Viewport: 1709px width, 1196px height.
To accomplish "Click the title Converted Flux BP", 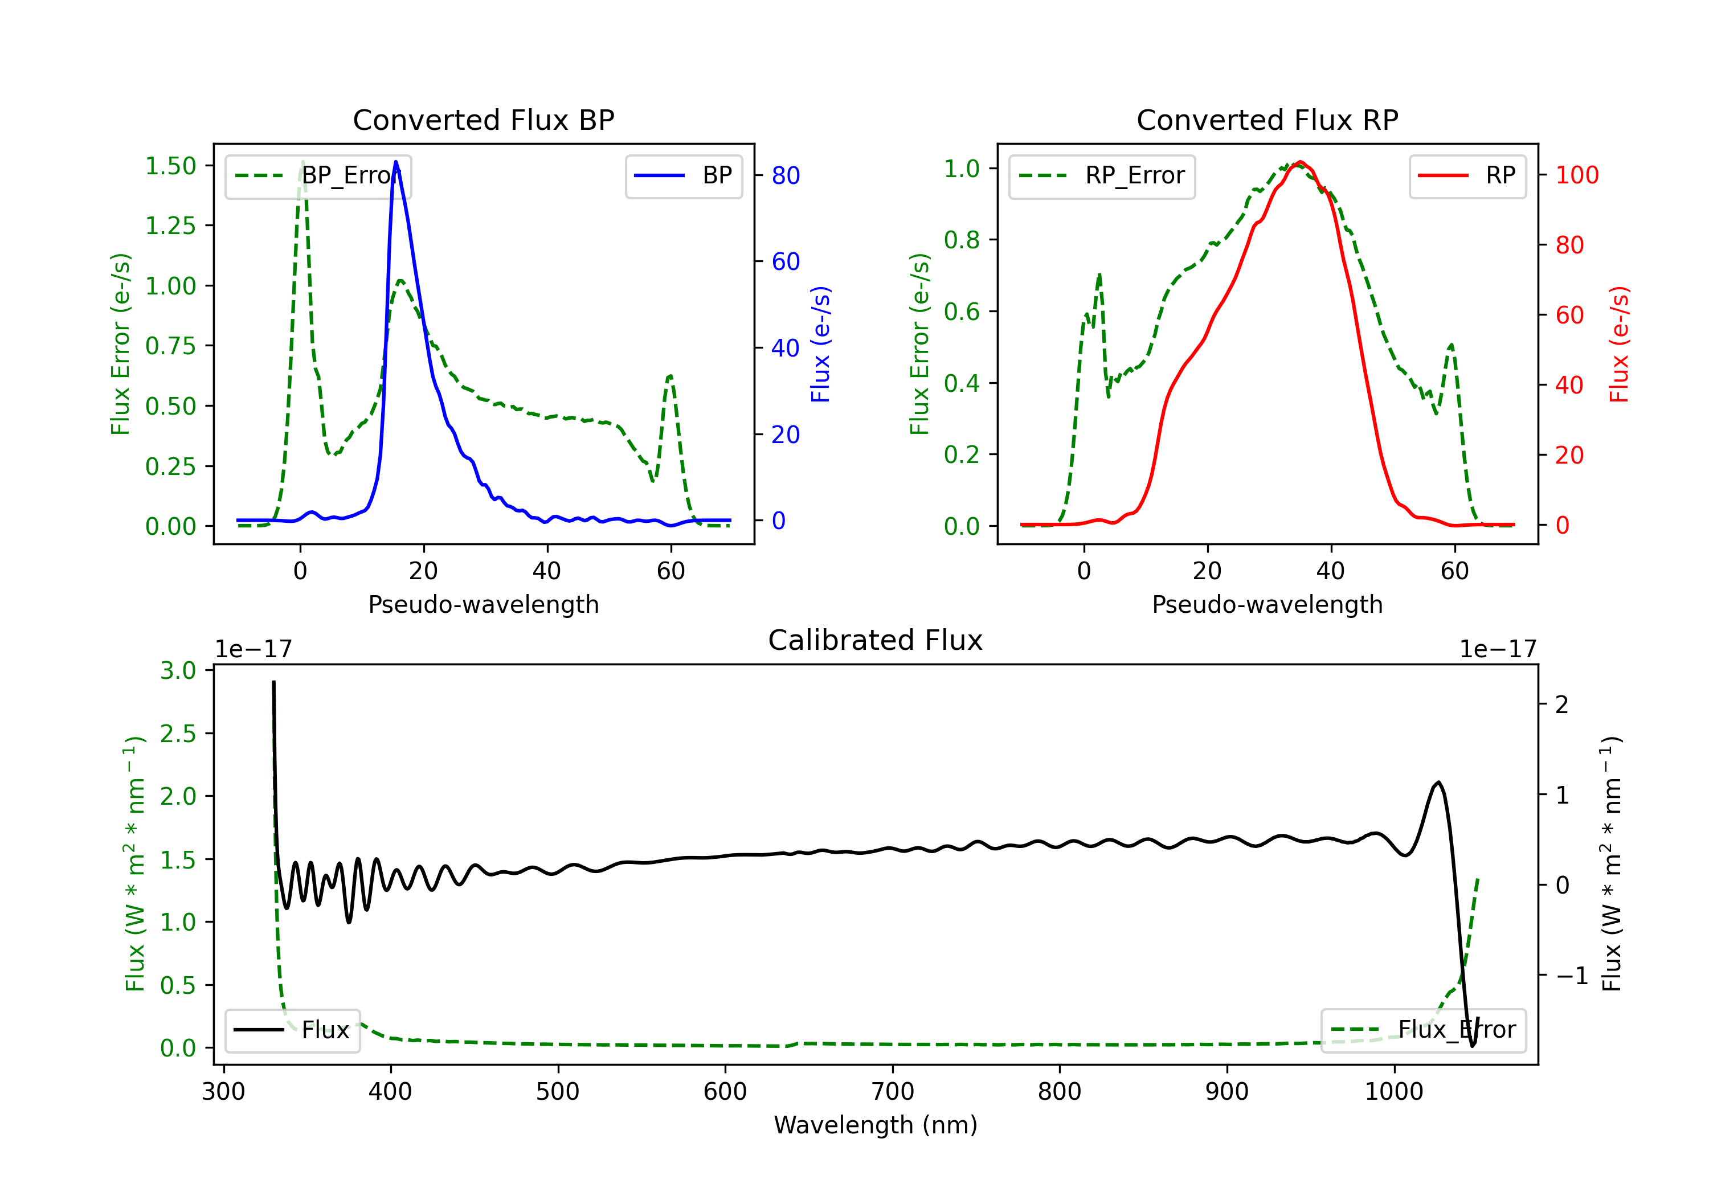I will [x=483, y=120].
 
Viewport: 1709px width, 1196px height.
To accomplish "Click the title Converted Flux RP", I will [x=1267, y=120].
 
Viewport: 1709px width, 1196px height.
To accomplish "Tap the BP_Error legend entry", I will [x=318, y=177].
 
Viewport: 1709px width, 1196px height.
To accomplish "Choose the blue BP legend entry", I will [x=683, y=177].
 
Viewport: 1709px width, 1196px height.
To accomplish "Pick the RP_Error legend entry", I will [x=1102, y=177].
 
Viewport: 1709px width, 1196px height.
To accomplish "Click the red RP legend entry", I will [x=1467, y=177].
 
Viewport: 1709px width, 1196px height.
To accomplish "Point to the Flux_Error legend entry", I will [x=1422, y=1030].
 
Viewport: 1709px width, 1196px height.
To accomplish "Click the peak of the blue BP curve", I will [x=395, y=162].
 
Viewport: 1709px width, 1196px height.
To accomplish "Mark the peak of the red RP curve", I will [x=1299, y=162].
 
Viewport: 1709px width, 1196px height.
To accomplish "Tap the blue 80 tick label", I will [x=785, y=175].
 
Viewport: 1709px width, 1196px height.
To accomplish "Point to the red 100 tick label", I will [x=1576, y=175].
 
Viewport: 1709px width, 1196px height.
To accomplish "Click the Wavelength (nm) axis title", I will [x=876, y=1125].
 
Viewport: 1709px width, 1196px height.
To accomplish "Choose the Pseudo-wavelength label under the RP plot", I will [x=1267, y=604].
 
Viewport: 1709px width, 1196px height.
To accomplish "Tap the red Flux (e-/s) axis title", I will [x=1620, y=344].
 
